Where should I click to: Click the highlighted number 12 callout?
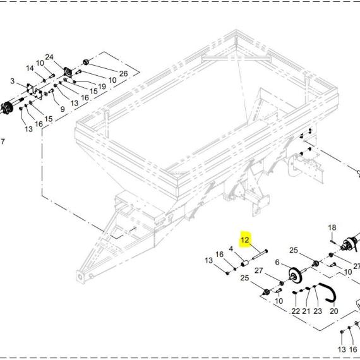[x=245, y=240]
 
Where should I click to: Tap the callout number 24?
[x=49, y=57]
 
